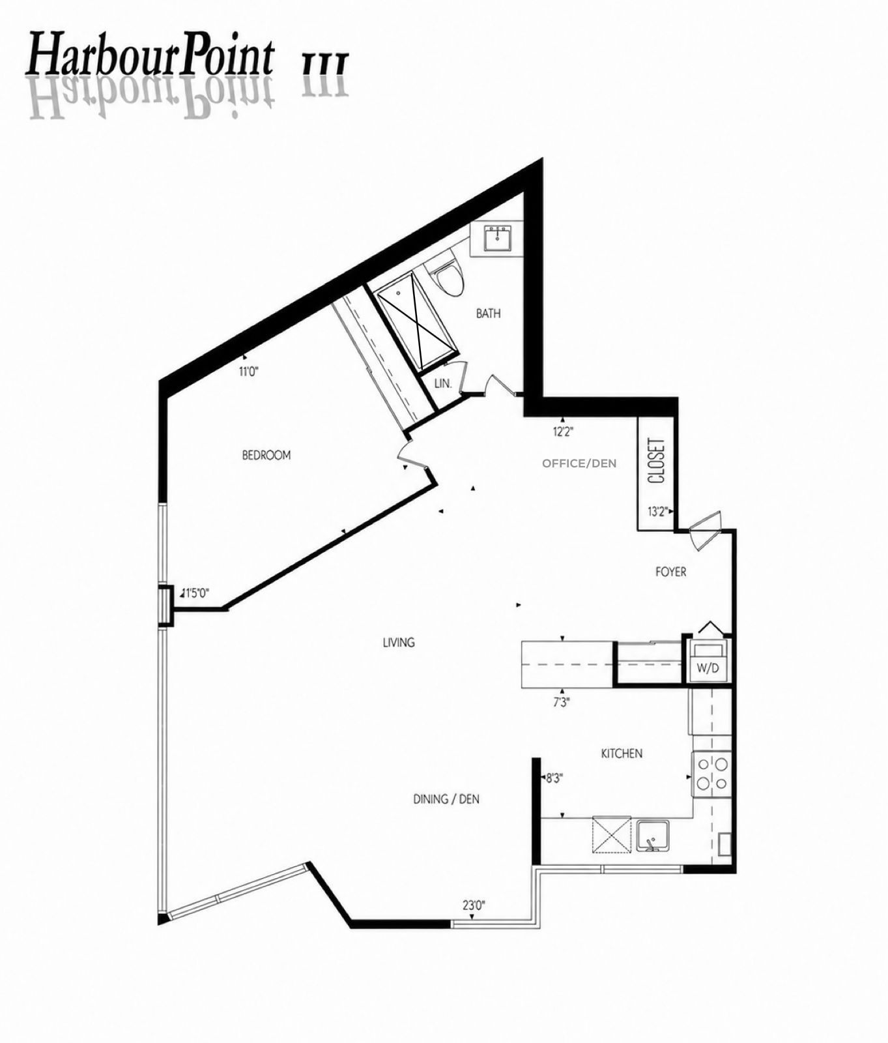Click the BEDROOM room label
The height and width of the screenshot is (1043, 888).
pos(266,455)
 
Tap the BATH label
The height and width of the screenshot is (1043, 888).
pos(489,314)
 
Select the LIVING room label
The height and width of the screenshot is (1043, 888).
pos(399,642)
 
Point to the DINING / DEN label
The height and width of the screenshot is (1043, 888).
pos(447,799)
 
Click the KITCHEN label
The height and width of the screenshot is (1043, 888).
pos(622,754)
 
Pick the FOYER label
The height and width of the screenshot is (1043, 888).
pos(671,572)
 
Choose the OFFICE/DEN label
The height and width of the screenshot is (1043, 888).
pos(579,463)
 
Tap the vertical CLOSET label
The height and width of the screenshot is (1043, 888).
pos(657,460)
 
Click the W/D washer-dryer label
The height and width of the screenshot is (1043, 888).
pos(709,668)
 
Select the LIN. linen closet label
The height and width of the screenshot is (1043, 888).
pos(443,383)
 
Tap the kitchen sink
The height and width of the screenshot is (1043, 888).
pos(653,836)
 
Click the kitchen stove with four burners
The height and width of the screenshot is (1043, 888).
pos(711,774)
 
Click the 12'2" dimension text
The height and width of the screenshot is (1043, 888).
pos(564,431)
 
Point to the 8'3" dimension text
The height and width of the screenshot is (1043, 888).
pos(554,778)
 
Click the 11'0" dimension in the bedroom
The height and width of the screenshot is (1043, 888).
pos(249,372)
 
